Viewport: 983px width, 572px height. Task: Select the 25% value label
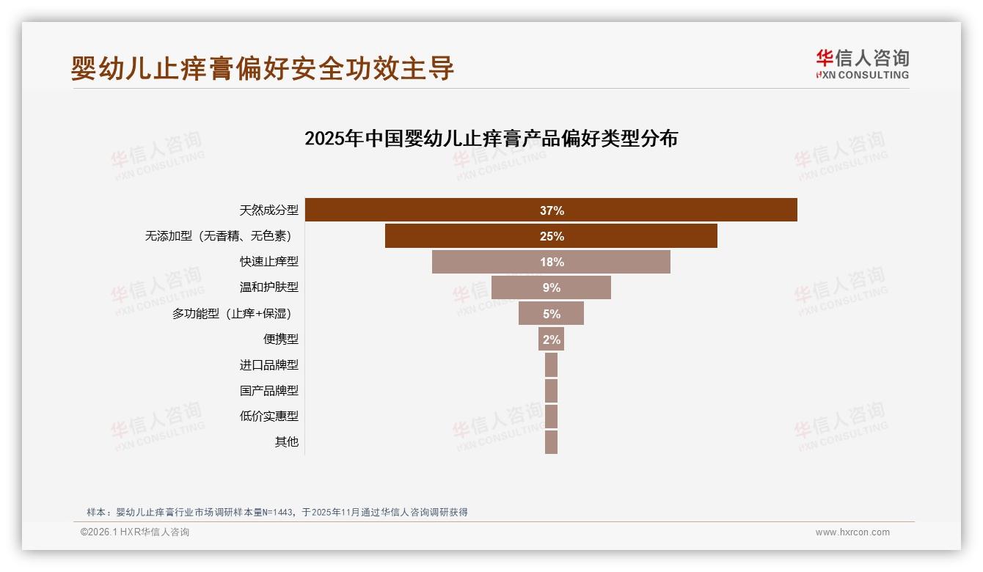[552, 236]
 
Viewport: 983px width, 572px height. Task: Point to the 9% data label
[552, 287]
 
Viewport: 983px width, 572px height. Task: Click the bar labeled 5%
[551, 314]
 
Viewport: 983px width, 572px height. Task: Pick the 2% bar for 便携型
[551, 340]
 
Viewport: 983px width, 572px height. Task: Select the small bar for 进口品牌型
[551, 365]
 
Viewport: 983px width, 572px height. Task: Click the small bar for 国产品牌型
[551, 391]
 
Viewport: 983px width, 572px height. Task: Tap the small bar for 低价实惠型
[551, 417]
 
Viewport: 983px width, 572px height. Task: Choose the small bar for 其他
[551, 442]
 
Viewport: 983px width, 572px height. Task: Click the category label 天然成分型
[268, 210]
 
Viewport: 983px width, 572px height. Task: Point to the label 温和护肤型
[268, 287]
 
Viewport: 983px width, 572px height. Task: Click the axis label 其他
[287, 442]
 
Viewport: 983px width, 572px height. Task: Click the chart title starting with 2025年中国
[491, 139]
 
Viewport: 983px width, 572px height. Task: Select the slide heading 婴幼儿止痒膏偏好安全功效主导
[263, 68]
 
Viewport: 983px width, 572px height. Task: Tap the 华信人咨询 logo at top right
[862, 64]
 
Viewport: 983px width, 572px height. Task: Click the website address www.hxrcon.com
[852, 532]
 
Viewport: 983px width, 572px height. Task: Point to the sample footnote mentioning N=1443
[277, 513]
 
